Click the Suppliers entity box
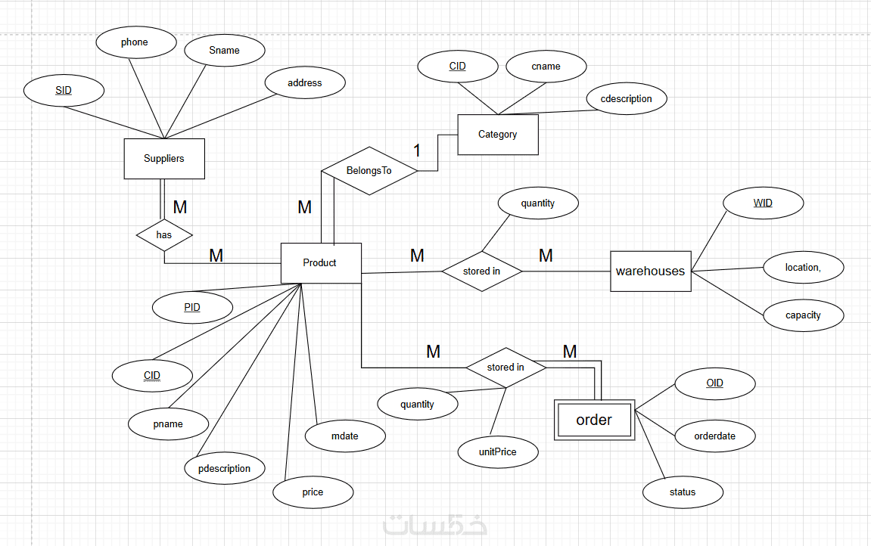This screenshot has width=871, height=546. click(x=164, y=159)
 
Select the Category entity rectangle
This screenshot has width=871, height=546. click(x=498, y=135)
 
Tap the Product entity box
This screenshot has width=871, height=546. click(x=321, y=263)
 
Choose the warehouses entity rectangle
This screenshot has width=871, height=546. click(x=651, y=271)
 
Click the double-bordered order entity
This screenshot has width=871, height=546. click(x=594, y=420)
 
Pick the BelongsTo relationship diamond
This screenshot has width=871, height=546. click(x=369, y=171)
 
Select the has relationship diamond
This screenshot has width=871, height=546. click(x=164, y=235)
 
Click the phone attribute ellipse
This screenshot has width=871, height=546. click(x=135, y=42)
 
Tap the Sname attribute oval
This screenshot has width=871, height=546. click(x=225, y=51)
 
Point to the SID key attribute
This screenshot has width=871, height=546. click(x=64, y=91)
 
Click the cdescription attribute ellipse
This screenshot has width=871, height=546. click(x=626, y=99)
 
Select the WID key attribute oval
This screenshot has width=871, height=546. click(x=763, y=203)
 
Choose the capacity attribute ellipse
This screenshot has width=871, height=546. click(x=803, y=315)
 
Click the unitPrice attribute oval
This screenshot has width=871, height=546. click(x=498, y=452)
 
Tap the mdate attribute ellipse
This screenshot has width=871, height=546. click(x=345, y=436)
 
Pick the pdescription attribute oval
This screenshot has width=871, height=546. click(x=225, y=469)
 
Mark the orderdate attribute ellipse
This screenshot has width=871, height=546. click(x=714, y=436)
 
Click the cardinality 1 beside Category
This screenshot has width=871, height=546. click(x=416, y=150)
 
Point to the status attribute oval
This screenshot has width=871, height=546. click(x=683, y=492)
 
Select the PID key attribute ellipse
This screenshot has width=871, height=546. click(x=192, y=309)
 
